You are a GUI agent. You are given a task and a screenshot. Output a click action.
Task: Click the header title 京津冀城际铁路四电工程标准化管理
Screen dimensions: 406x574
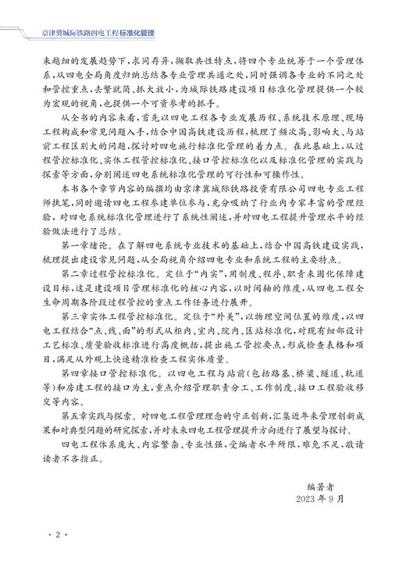click(97, 33)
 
